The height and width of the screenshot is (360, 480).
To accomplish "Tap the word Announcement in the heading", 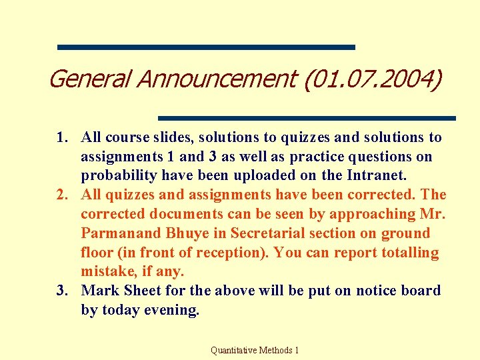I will tap(217, 79).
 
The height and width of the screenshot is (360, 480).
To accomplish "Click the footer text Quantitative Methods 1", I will tap(255, 349).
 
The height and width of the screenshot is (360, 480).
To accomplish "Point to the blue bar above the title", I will tap(206, 47).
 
